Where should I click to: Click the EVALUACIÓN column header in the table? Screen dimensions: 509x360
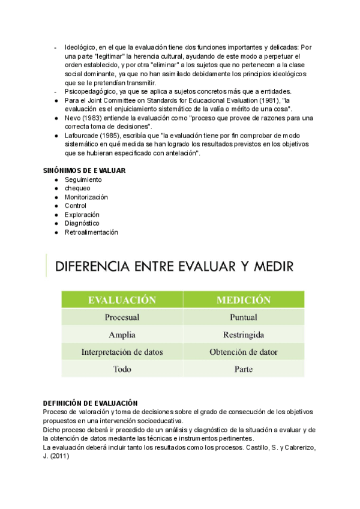(122, 300)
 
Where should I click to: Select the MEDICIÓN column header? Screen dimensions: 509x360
(244, 300)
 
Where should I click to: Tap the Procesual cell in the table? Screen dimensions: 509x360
(122, 317)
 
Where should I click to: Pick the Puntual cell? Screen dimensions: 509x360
(244, 317)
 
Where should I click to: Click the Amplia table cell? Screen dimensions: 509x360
(122, 334)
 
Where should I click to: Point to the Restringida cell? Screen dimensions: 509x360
(244, 334)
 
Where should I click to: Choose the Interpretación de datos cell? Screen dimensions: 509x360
(122, 352)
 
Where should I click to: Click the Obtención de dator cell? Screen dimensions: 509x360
(244, 352)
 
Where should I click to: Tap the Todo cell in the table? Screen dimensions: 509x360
(122, 369)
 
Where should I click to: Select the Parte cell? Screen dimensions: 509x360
(244, 369)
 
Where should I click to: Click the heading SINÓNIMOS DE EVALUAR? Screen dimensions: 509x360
(85, 171)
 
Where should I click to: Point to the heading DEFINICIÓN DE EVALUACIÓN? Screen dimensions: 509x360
(91, 403)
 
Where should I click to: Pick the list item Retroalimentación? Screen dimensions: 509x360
(91, 232)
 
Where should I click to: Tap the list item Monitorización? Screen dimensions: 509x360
(86, 197)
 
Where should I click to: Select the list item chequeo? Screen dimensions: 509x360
(77, 188)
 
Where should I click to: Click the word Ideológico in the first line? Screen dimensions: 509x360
(80, 47)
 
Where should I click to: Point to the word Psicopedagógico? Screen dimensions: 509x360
(89, 91)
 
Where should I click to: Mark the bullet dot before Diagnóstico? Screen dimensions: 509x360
(56, 224)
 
